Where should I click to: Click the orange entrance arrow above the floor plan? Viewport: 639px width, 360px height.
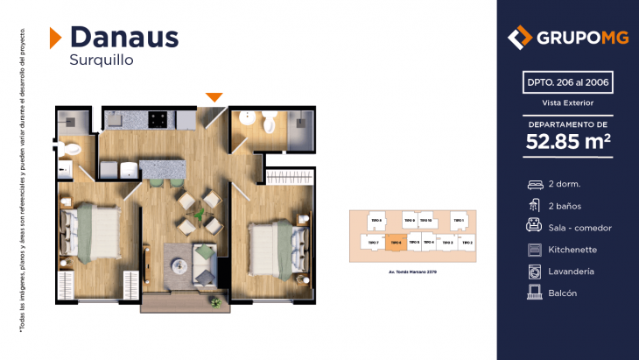pyautogui.click(x=214, y=96)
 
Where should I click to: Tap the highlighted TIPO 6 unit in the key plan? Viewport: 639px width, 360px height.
pyautogui.click(x=395, y=243)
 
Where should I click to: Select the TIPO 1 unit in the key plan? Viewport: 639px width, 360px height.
pyautogui.click(x=457, y=220)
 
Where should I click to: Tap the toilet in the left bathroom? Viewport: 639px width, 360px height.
pyautogui.click(x=73, y=150)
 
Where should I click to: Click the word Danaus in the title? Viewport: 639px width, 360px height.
pyautogui.click(x=123, y=37)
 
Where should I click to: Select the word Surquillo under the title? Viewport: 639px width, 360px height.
pyautogui.click(x=102, y=60)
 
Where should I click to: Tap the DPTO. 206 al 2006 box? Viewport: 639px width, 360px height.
pyautogui.click(x=567, y=83)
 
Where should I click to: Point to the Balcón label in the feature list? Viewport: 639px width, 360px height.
pyautogui.click(x=564, y=293)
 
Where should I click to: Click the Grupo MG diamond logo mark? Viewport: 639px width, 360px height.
pyautogui.click(x=521, y=38)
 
